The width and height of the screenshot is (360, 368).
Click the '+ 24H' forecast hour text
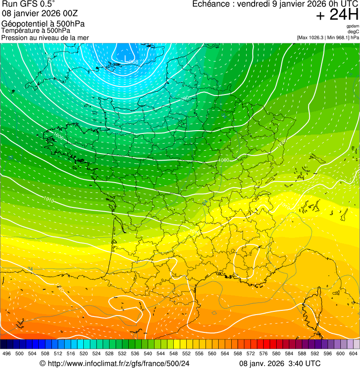(338, 15)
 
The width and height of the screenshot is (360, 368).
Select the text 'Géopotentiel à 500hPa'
(43, 24)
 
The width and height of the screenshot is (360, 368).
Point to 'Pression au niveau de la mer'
(45, 37)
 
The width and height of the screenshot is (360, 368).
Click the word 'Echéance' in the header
(212, 4)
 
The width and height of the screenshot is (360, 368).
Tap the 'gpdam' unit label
(353, 26)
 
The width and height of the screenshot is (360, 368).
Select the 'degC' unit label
(353, 32)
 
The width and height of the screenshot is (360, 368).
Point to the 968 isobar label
(133, 62)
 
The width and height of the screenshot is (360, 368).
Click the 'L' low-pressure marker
(125, 58)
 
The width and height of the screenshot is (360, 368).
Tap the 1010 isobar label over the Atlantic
(48, 200)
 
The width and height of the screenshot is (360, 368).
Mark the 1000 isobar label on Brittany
(59, 136)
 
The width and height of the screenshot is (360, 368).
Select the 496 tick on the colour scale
(7, 353)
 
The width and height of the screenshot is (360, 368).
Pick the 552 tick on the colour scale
(186, 353)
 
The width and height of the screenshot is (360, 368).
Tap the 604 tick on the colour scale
(353, 353)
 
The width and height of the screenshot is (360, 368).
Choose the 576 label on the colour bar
(264, 353)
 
